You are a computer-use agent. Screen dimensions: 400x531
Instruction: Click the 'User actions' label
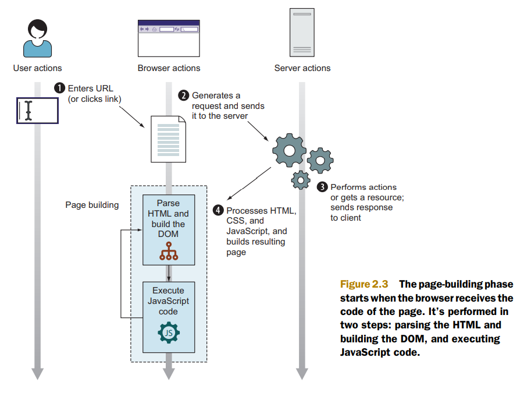tap(37, 68)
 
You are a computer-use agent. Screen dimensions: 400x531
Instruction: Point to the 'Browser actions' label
tap(169, 68)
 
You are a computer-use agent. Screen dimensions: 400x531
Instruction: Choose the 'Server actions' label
tap(302, 68)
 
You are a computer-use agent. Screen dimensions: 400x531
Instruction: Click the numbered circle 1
tap(59, 89)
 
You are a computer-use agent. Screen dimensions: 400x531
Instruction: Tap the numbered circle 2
tap(183, 95)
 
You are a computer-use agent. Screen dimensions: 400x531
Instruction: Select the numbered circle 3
tap(322, 187)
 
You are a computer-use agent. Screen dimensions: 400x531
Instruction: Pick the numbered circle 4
tap(218, 210)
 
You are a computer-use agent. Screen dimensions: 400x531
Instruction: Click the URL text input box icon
tap(37, 111)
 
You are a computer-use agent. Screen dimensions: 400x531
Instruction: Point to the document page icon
tap(169, 138)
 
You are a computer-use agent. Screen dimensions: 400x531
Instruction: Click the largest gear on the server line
tap(289, 150)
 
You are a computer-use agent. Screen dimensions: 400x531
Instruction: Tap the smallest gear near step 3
tap(300, 180)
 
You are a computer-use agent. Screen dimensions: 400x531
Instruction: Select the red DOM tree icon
tap(169, 251)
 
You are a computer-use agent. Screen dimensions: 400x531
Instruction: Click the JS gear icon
tap(169, 332)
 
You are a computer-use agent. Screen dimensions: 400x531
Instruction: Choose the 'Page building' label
tap(92, 205)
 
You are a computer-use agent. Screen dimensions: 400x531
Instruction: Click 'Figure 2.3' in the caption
tap(363, 284)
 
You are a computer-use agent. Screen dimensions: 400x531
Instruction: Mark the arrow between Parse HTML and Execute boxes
tap(169, 273)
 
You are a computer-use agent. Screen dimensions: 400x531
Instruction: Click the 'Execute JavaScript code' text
tap(168, 301)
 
